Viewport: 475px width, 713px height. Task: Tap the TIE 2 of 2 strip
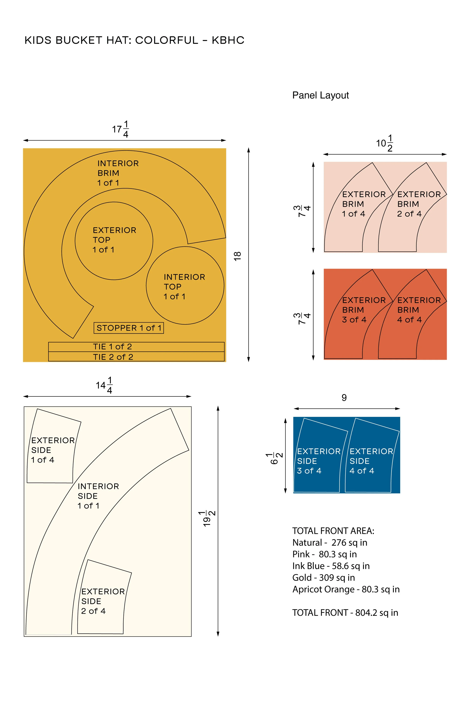point(136,357)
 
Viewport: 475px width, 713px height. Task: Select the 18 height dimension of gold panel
point(237,256)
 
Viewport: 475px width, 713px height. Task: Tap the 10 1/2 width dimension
point(385,143)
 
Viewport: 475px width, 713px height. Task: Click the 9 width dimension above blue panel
point(344,398)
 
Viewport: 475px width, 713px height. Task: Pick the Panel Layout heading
point(321,95)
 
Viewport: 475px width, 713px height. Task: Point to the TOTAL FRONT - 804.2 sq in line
point(345,613)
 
